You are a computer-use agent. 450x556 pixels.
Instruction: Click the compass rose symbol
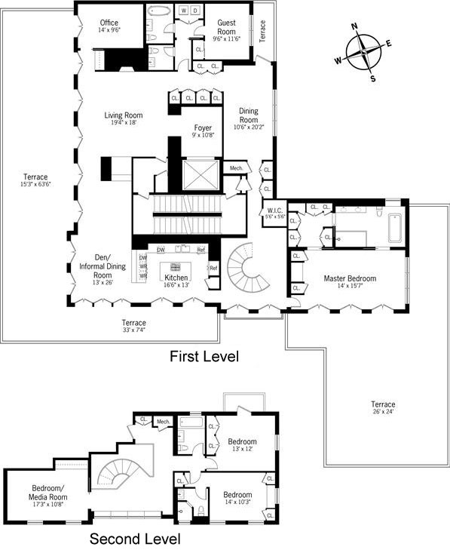(x=364, y=52)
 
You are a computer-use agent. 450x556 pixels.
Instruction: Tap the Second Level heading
(x=135, y=539)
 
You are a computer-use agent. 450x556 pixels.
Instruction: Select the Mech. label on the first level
(x=236, y=167)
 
